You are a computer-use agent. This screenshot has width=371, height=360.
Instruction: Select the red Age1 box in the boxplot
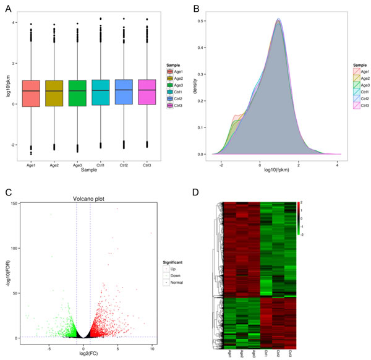click(31, 93)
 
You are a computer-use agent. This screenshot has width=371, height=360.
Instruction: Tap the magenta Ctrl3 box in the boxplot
click(147, 93)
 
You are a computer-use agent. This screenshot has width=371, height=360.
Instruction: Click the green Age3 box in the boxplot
click(77, 93)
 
